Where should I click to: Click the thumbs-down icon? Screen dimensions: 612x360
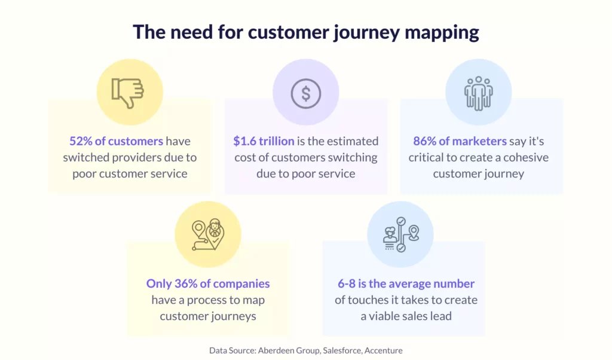click(128, 93)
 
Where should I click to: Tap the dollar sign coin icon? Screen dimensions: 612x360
click(306, 94)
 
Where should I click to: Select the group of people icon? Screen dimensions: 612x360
click(479, 93)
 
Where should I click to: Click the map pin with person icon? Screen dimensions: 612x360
click(208, 234)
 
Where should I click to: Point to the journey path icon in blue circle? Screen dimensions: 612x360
click(401, 234)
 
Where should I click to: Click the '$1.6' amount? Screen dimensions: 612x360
click(244, 141)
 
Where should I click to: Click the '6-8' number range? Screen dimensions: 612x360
click(347, 283)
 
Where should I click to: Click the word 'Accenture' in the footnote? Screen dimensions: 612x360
click(383, 350)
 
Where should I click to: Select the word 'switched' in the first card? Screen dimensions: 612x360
click(85, 157)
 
